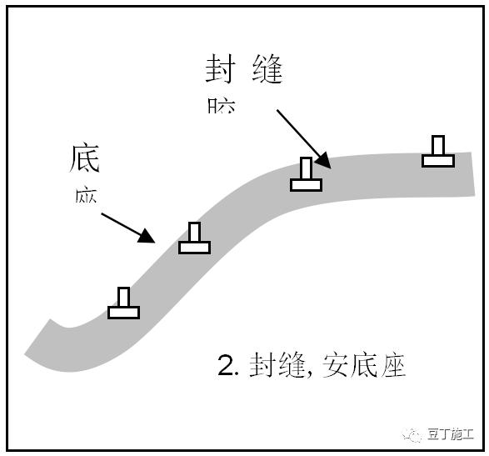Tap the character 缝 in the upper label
[266, 71]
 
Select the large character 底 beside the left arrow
[85, 158]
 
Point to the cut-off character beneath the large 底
[86, 196]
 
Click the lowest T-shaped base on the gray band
[123, 303]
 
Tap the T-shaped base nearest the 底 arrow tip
[194, 238]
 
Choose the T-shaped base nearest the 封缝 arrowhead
[306, 175]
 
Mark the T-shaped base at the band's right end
[437, 152]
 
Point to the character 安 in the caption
[333, 366]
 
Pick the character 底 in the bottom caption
[362, 366]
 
